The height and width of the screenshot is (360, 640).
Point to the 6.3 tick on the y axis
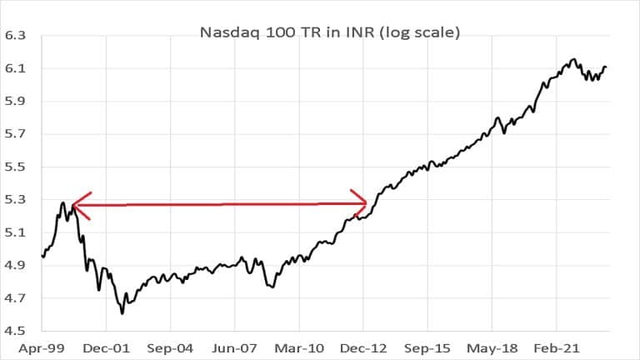click(16, 37)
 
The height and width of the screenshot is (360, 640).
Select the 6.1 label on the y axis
click(16, 69)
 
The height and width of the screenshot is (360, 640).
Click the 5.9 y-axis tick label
click(16, 102)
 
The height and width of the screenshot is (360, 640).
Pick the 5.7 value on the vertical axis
click(16, 134)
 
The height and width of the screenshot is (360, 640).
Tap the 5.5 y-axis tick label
click(16, 167)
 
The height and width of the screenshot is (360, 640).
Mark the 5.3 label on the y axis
click(16, 200)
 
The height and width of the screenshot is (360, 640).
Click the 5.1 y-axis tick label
click(16, 232)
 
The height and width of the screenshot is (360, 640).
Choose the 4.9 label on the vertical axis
click(16, 266)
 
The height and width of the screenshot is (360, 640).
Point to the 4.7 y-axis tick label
click(16, 298)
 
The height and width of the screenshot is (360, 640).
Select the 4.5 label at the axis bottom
click(16, 331)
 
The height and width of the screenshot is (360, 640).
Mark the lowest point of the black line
click(122, 313)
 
